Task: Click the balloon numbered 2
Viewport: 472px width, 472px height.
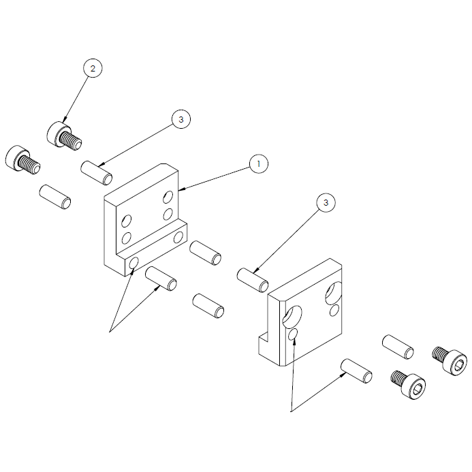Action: [93, 68]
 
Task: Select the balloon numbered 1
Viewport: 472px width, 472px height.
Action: [258, 164]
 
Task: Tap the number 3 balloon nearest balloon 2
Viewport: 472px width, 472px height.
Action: [180, 119]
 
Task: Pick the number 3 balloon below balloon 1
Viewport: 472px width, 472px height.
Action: [326, 202]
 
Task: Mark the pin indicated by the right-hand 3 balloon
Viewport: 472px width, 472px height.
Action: [252, 280]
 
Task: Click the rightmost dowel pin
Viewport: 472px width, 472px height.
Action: [398, 346]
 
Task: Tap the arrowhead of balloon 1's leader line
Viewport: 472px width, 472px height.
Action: [180, 188]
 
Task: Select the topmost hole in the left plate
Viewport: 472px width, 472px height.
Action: [168, 197]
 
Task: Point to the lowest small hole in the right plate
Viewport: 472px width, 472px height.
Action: [293, 335]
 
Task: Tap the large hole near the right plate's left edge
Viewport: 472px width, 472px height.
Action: [291, 316]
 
